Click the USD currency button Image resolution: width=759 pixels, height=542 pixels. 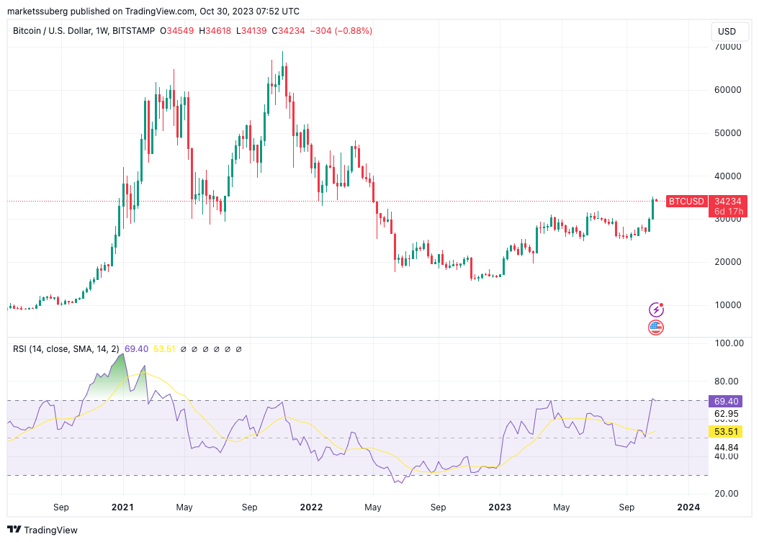pyautogui.click(x=727, y=32)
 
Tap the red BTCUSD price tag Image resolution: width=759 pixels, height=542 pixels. pyautogui.click(x=686, y=202)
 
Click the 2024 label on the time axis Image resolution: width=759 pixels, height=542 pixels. pyautogui.click(x=689, y=507)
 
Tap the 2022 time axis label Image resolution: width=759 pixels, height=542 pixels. pyautogui.click(x=312, y=507)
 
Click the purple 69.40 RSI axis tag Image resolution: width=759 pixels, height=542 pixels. pyautogui.click(x=727, y=401)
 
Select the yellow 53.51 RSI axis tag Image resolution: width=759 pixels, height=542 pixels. pyautogui.click(x=727, y=431)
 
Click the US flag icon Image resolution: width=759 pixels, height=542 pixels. pyautogui.click(x=656, y=328)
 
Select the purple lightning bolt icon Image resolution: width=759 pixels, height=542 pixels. pyautogui.click(x=656, y=310)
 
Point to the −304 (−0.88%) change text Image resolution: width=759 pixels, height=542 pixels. pyautogui.click(x=341, y=31)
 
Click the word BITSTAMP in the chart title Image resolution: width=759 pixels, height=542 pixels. pyautogui.click(x=134, y=31)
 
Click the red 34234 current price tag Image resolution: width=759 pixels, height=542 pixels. pyautogui.click(x=728, y=202)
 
